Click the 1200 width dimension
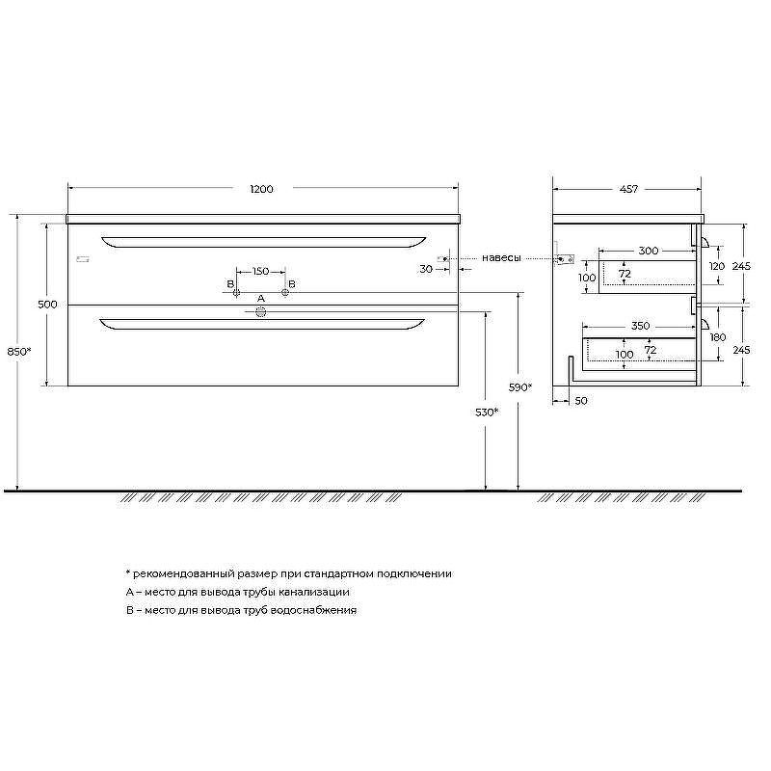coord(261,189)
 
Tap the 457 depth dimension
coord(629,189)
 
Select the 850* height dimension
coord(19,352)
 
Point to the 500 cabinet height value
coord(47,305)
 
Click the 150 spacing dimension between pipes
coord(260,272)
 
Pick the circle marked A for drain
coord(260,311)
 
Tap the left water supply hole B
coord(236,293)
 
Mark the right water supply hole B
coord(285,293)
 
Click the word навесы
coord(501,258)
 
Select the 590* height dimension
coord(520,387)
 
